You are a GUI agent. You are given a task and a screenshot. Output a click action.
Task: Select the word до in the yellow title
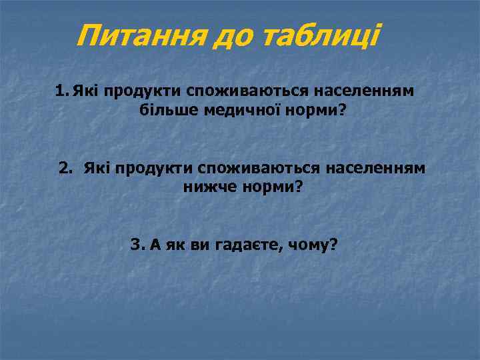234,37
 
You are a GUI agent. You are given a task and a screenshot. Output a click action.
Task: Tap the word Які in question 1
84,89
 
